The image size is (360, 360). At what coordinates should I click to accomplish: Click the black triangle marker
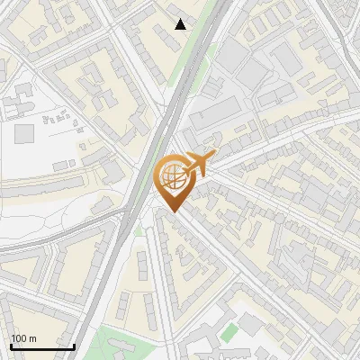(181, 24)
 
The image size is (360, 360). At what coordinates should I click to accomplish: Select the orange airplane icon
(201, 165)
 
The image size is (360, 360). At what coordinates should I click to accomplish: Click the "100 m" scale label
(23, 338)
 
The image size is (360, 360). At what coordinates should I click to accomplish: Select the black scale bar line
(41, 346)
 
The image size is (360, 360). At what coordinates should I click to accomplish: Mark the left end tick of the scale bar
(10, 345)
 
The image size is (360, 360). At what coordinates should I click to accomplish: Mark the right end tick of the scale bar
(74, 345)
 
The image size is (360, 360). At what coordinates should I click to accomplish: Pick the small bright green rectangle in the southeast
(230, 332)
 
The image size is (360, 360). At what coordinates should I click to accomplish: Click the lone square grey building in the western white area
(24, 133)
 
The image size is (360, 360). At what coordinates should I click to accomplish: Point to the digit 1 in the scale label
(13, 338)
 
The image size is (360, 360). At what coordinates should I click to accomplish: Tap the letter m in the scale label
(32, 338)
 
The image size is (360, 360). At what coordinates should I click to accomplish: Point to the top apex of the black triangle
(181, 19)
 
